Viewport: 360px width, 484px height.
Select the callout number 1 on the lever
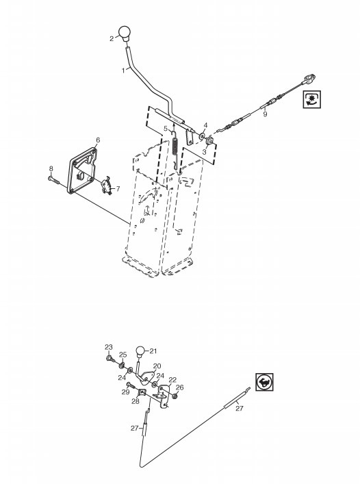point(123,71)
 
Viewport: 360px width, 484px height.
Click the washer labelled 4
point(203,135)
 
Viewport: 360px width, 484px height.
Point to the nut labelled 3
point(210,140)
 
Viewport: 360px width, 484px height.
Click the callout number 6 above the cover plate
point(98,140)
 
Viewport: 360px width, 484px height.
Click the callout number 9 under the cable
point(265,114)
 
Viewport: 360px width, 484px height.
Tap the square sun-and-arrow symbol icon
point(312,99)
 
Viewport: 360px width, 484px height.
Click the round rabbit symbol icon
point(264,382)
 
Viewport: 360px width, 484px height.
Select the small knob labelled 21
point(140,352)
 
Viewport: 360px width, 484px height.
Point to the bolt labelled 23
point(110,358)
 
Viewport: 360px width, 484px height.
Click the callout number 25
point(123,355)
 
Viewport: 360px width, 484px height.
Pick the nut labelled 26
point(175,396)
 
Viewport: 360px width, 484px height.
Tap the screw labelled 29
point(131,385)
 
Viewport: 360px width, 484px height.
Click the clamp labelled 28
point(142,393)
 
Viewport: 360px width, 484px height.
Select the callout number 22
point(172,379)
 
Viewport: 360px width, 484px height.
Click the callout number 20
point(157,366)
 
